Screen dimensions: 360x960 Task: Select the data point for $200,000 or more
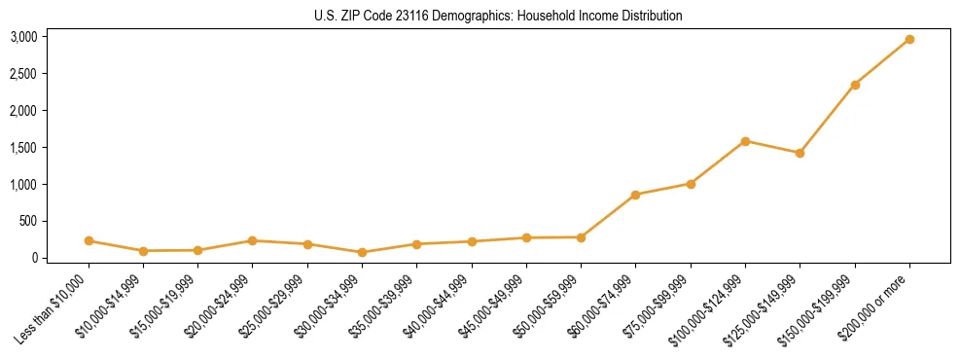[x=909, y=39]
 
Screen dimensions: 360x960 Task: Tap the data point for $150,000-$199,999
[x=855, y=85]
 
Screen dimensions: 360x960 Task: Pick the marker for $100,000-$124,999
[x=745, y=141]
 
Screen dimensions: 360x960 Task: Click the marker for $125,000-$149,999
[x=800, y=153]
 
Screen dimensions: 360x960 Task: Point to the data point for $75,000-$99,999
[x=691, y=184]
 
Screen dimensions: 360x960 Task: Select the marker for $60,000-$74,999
[x=635, y=195]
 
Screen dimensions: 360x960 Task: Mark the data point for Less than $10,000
[x=89, y=240]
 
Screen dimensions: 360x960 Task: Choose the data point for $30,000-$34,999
[x=362, y=252]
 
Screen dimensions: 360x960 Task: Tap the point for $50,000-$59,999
[x=581, y=237]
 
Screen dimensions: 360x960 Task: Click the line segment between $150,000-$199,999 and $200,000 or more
[x=882, y=62]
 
